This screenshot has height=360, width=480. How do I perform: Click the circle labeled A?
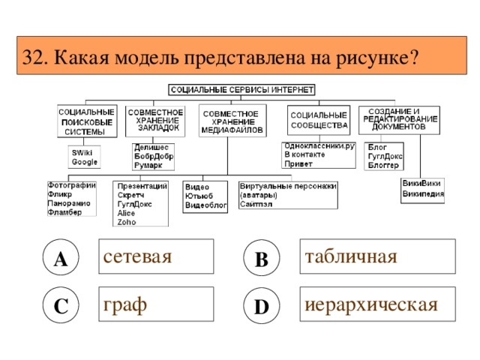[x=60, y=257]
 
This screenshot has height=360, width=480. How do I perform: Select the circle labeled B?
[x=261, y=257]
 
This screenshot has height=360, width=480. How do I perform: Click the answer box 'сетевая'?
[x=157, y=256]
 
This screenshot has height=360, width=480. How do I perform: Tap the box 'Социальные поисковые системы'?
[x=86, y=121]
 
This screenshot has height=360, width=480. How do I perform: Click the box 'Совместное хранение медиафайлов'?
[x=231, y=120]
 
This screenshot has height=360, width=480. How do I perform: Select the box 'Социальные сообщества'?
[x=319, y=120]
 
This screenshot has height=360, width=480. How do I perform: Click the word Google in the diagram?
[x=84, y=161]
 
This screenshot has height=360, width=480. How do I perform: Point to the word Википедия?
[x=422, y=192]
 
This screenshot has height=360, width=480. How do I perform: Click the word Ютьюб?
[x=197, y=195]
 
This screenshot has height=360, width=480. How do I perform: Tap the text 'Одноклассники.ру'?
[x=319, y=145]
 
